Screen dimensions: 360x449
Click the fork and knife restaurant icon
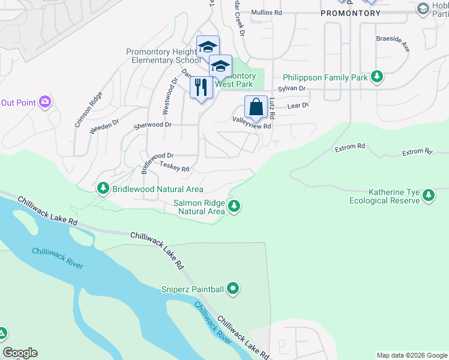tap(201, 88)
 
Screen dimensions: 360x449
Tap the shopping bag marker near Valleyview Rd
tap(256, 107)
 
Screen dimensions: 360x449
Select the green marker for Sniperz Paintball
tap(234, 290)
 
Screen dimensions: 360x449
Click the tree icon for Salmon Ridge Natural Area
tap(234, 207)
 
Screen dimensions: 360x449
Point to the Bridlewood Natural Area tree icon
tap(103, 189)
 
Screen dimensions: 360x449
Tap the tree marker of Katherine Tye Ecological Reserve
tap(429, 195)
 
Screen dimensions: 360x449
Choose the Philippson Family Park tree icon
tap(377, 77)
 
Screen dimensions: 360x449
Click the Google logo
tap(20, 353)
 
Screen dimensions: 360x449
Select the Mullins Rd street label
tap(267, 13)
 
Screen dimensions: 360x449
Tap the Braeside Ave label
tap(393, 43)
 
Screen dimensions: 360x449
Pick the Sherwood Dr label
tap(152, 125)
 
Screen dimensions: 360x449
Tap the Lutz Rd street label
tap(271, 107)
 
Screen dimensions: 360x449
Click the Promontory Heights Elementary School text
tap(163, 56)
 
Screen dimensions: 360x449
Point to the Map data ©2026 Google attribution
tap(412, 355)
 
